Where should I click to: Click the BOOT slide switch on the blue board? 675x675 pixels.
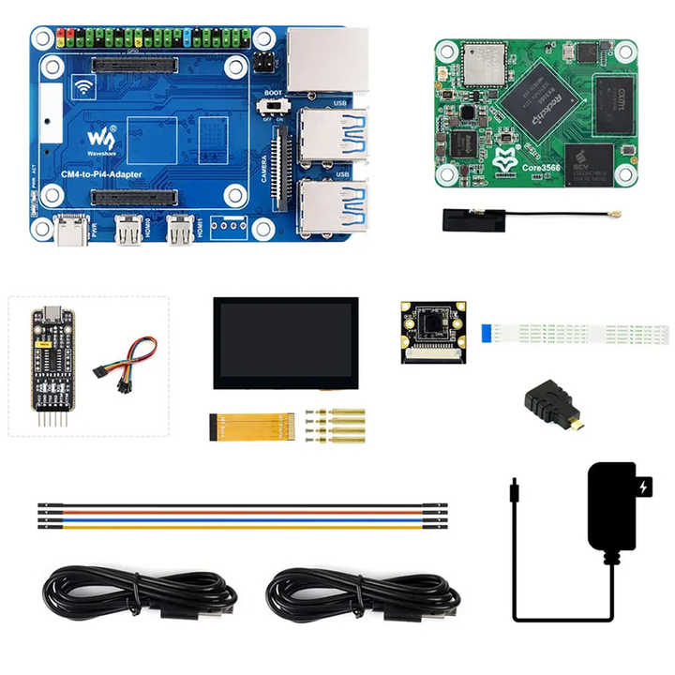[275, 110]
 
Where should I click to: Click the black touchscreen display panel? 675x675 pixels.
[285, 342]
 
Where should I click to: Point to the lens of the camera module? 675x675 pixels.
[433, 326]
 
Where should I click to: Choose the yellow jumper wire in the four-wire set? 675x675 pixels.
[234, 527]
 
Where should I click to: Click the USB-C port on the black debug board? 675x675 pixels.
[48, 314]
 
